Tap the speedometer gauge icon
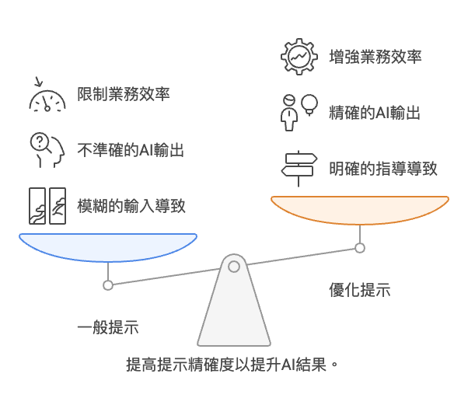point(47,95)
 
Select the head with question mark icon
point(47,150)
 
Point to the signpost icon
point(299,169)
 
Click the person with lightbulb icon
point(299,113)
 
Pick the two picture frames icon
point(47,206)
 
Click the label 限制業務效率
point(124,94)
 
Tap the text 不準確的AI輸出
point(131,150)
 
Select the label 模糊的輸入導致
point(131,206)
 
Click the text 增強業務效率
point(375,57)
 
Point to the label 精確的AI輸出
point(375,113)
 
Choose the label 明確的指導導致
point(383,169)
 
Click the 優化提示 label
point(360,290)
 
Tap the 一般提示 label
point(108,327)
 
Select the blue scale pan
point(108,247)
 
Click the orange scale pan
point(360,210)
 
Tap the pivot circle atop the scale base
point(234,267)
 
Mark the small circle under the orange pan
point(360,248)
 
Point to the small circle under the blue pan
point(108,285)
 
